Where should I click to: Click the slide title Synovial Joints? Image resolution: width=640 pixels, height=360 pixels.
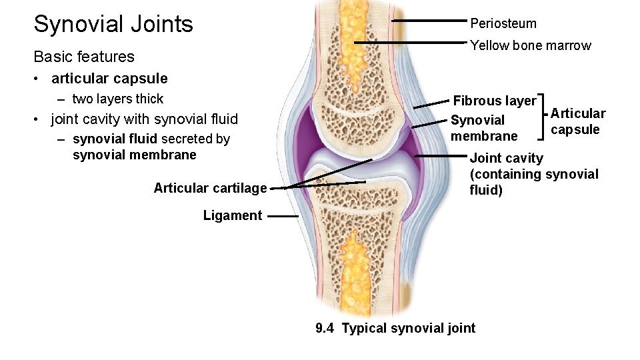pyautogui.click(x=113, y=25)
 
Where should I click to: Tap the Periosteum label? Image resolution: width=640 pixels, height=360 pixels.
pyautogui.click(x=503, y=23)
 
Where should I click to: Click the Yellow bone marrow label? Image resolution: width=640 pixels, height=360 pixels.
pyautogui.click(x=530, y=45)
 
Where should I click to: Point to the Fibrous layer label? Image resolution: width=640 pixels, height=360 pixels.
pyautogui.click(x=494, y=101)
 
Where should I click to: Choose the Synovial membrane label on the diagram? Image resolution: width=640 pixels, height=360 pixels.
pyautogui.click(x=483, y=128)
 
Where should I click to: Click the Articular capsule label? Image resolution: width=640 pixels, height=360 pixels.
pyautogui.click(x=577, y=121)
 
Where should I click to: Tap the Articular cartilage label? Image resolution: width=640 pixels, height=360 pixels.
pyautogui.click(x=210, y=188)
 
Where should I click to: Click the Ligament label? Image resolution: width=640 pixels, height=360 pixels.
pyautogui.click(x=233, y=215)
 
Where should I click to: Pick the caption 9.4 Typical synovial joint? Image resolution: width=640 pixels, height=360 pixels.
pyautogui.click(x=395, y=328)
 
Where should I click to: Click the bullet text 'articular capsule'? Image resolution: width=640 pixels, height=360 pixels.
pyautogui.click(x=109, y=78)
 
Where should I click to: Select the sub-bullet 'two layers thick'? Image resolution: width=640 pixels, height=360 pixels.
pyautogui.click(x=117, y=99)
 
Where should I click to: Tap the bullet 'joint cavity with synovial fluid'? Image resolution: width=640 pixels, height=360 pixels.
pyautogui.click(x=144, y=119)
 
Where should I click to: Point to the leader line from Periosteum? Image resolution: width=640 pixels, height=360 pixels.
pyautogui.click(x=430, y=21)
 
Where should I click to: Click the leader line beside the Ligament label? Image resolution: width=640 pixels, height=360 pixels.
pyautogui.click(x=283, y=216)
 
